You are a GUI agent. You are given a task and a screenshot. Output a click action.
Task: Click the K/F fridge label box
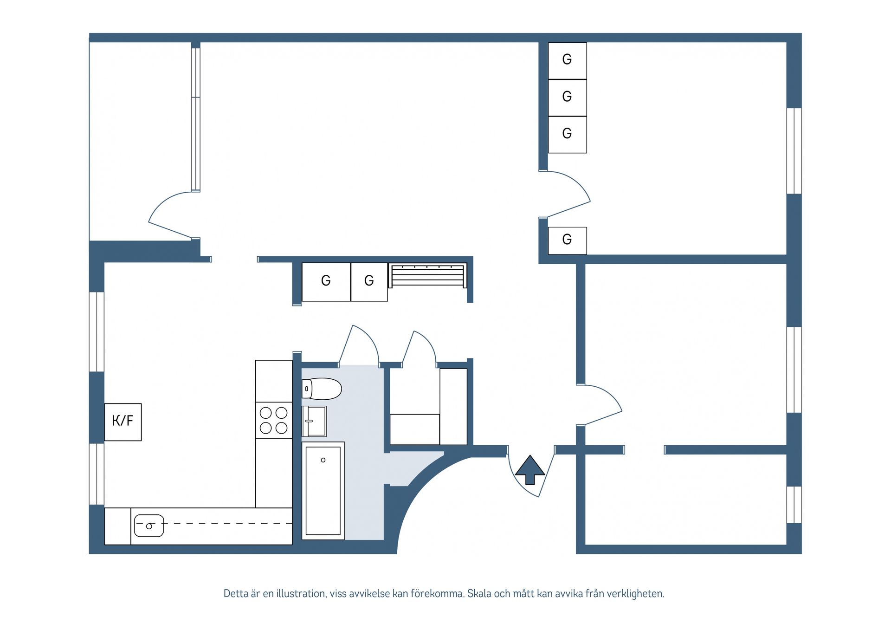[123, 422]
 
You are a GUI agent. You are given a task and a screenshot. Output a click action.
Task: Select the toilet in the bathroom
[322, 389]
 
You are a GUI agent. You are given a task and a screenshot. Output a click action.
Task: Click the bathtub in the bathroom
[323, 490]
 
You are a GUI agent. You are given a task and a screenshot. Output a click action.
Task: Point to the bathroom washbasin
[315, 421]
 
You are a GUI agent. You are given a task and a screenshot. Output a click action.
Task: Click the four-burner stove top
[273, 420]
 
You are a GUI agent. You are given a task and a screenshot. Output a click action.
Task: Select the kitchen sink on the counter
[149, 526]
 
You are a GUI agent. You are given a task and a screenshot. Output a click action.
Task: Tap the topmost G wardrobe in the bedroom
[567, 60]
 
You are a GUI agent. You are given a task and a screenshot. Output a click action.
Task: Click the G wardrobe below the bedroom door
[567, 240]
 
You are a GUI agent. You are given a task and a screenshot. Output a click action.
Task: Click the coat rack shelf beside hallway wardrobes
[427, 276]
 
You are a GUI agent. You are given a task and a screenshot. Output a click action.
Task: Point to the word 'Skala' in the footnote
[479, 593]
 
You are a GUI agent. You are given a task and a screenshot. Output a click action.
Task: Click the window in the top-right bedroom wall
[794, 151]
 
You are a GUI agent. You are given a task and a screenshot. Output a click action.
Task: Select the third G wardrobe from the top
[567, 134]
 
